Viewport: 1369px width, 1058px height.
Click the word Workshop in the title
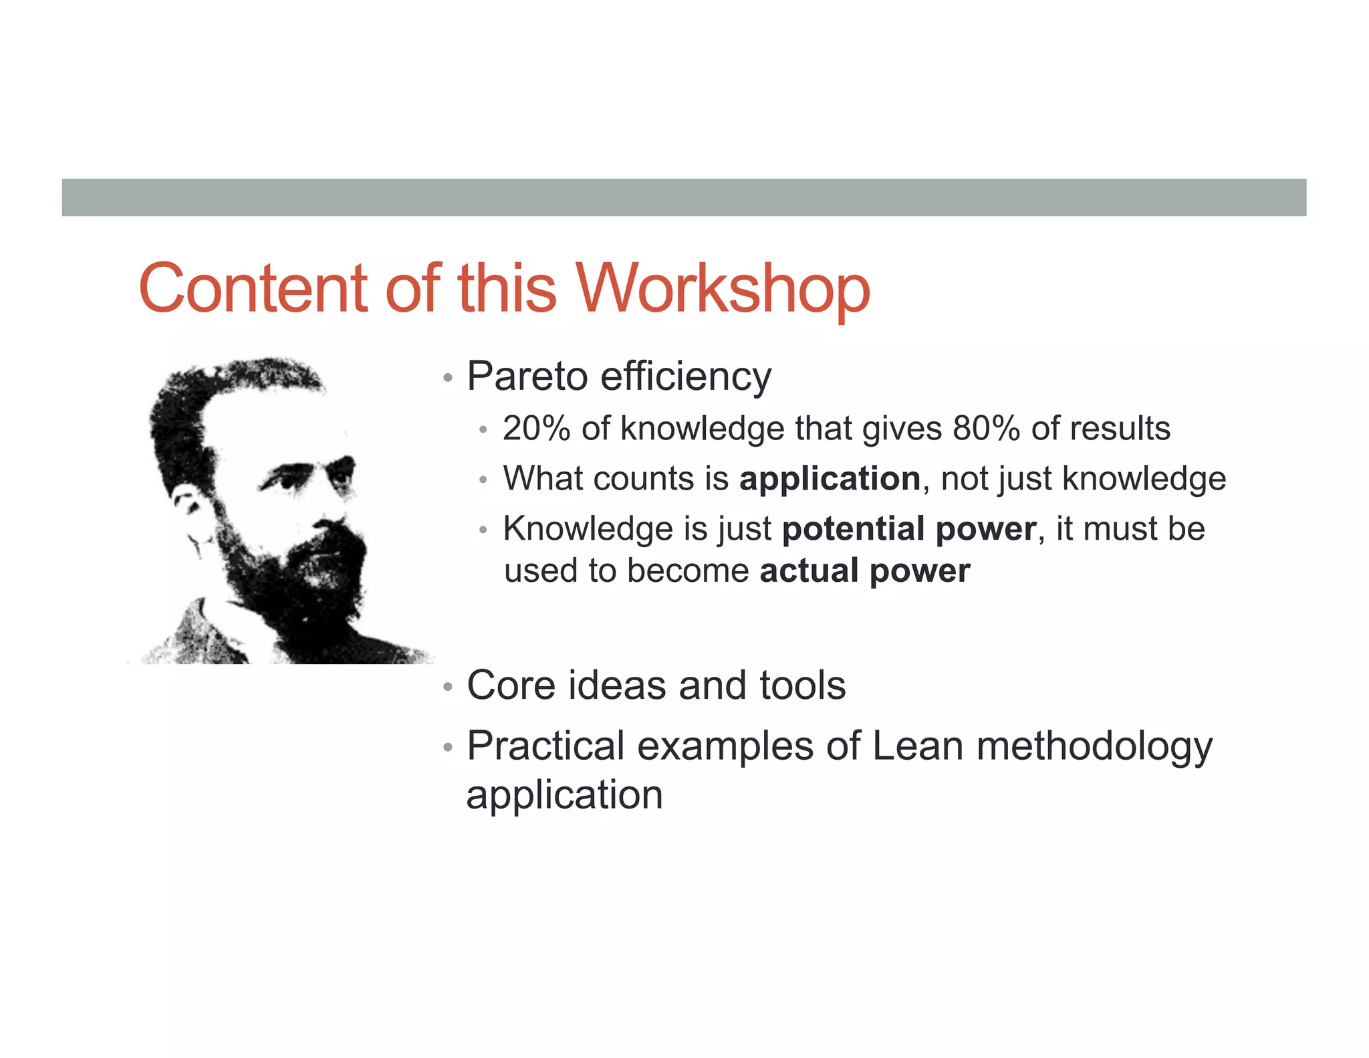tap(723, 289)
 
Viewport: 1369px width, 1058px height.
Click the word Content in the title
tap(253, 289)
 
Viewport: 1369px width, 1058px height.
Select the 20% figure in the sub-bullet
tap(536, 428)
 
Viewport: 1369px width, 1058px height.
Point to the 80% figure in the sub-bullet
tap(986, 428)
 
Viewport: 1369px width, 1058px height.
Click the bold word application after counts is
tap(830, 479)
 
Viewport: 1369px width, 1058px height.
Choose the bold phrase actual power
tap(864, 571)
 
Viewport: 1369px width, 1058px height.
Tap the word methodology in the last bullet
tap(1094, 746)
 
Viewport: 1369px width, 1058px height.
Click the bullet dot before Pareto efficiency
tap(448, 379)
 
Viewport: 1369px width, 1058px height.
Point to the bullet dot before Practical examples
tap(448, 748)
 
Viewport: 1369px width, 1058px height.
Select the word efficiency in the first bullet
tap(685, 376)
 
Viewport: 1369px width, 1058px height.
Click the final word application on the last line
tap(564, 795)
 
